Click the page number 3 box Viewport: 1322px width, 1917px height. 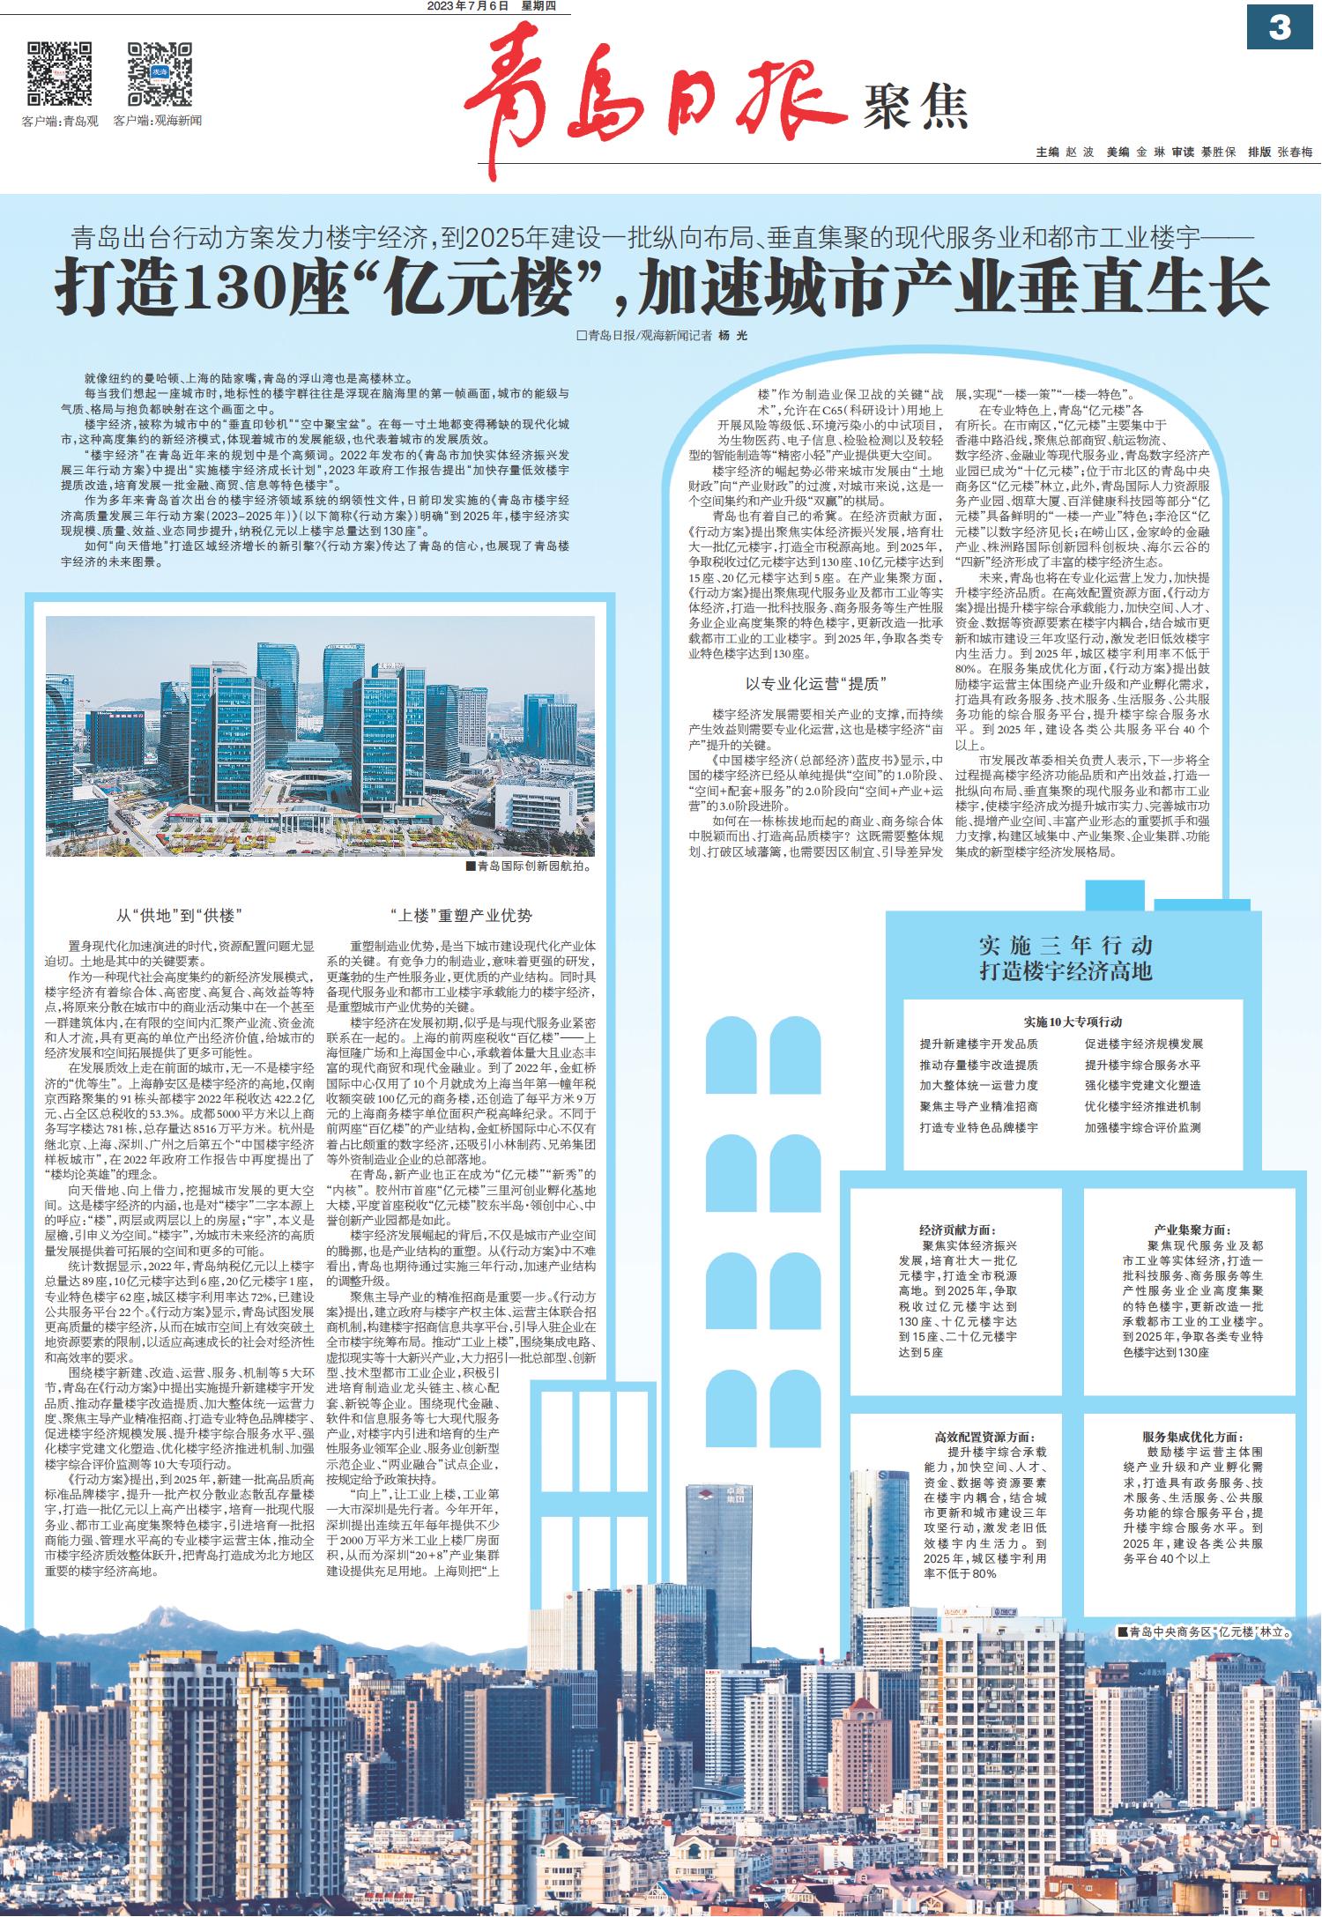point(1279,28)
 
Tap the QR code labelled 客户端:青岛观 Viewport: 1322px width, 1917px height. point(60,73)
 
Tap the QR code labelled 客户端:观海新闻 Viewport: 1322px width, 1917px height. point(159,73)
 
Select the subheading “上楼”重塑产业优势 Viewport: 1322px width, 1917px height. point(461,915)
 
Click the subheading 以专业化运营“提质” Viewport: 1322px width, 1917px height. point(815,684)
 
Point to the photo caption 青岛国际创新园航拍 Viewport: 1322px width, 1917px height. point(531,866)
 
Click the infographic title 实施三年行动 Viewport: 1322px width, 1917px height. point(1066,947)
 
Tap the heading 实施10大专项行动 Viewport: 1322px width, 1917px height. point(1073,1022)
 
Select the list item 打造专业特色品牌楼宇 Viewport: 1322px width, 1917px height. point(978,1127)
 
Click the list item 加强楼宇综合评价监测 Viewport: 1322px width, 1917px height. point(1142,1127)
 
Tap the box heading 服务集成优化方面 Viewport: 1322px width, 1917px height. point(1192,1437)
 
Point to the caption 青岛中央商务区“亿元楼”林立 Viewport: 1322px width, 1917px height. point(1205,1631)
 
